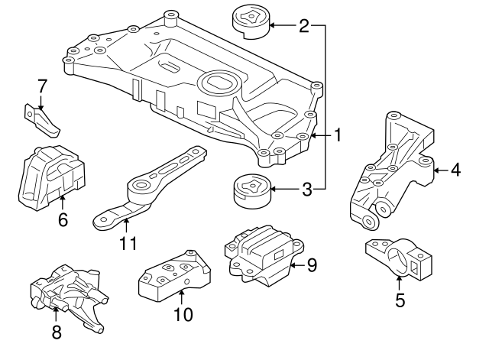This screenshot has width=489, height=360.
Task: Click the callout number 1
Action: [x=337, y=136]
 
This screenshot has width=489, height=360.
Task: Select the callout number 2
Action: [x=304, y=26]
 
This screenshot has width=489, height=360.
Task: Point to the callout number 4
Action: [x=455, y=170]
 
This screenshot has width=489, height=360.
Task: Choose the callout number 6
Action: [x=63, y=220]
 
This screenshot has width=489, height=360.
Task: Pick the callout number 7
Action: [x=42, y=85]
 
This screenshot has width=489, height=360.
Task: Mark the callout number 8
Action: [x=57, y=332]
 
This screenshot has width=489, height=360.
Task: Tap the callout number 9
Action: [x=311, y=265]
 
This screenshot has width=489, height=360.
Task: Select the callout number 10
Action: [x=184, y=313]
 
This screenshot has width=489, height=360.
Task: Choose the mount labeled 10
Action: [x=173, y=276]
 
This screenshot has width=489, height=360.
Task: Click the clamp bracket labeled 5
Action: [x=397, y=258]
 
